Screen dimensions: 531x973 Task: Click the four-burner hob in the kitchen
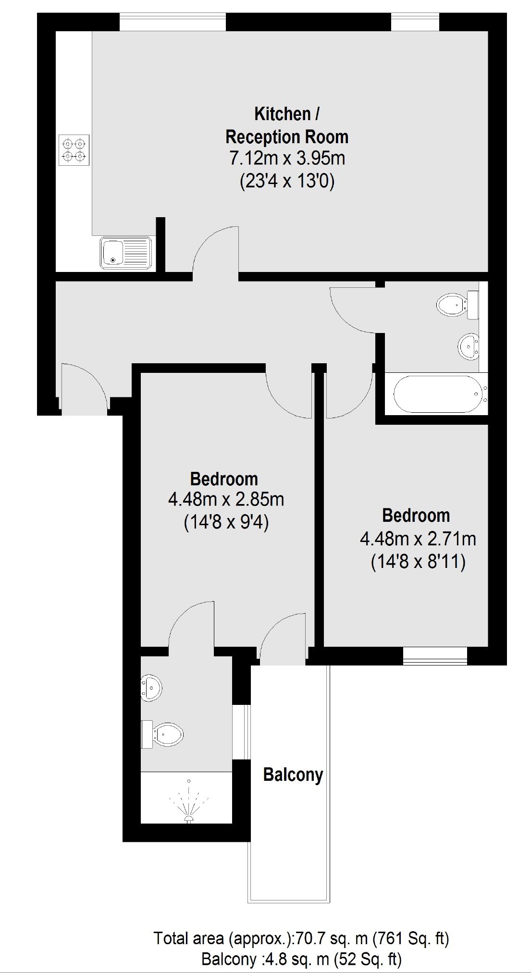click(74, 150)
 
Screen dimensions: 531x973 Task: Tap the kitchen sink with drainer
click(126, 252)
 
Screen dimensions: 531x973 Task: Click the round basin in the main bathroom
click(469, 345)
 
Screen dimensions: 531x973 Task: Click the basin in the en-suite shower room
click(151, 688)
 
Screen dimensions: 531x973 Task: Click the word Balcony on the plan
click(293, 775)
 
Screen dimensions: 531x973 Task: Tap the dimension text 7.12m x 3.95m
click(287, 158)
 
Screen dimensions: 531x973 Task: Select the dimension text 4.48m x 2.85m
click(226, 500)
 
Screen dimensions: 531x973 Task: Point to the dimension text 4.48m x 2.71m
click(418, 539)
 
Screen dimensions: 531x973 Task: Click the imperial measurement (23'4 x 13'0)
click(287, 182)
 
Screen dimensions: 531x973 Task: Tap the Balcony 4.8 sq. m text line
click(301, 959)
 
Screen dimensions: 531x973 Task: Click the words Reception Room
click(287, 137)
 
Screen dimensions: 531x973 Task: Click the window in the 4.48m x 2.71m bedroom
click(435, 656)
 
